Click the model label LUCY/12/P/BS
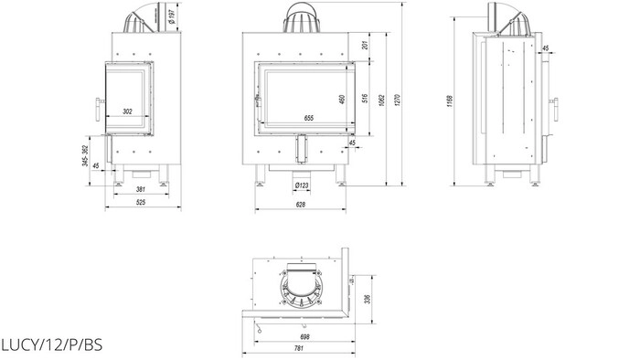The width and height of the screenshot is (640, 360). (51, 344)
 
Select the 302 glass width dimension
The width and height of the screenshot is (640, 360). (128, 111)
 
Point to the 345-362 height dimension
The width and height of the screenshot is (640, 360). (85, 155)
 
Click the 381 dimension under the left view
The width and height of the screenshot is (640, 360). (141, 189)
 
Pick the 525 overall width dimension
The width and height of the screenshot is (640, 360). (141, 202)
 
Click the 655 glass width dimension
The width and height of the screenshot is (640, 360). (309, 118)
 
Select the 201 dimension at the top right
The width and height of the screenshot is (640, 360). (366, 45)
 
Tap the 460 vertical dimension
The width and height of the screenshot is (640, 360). (342, 100)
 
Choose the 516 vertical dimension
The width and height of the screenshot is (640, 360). (366, 99)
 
